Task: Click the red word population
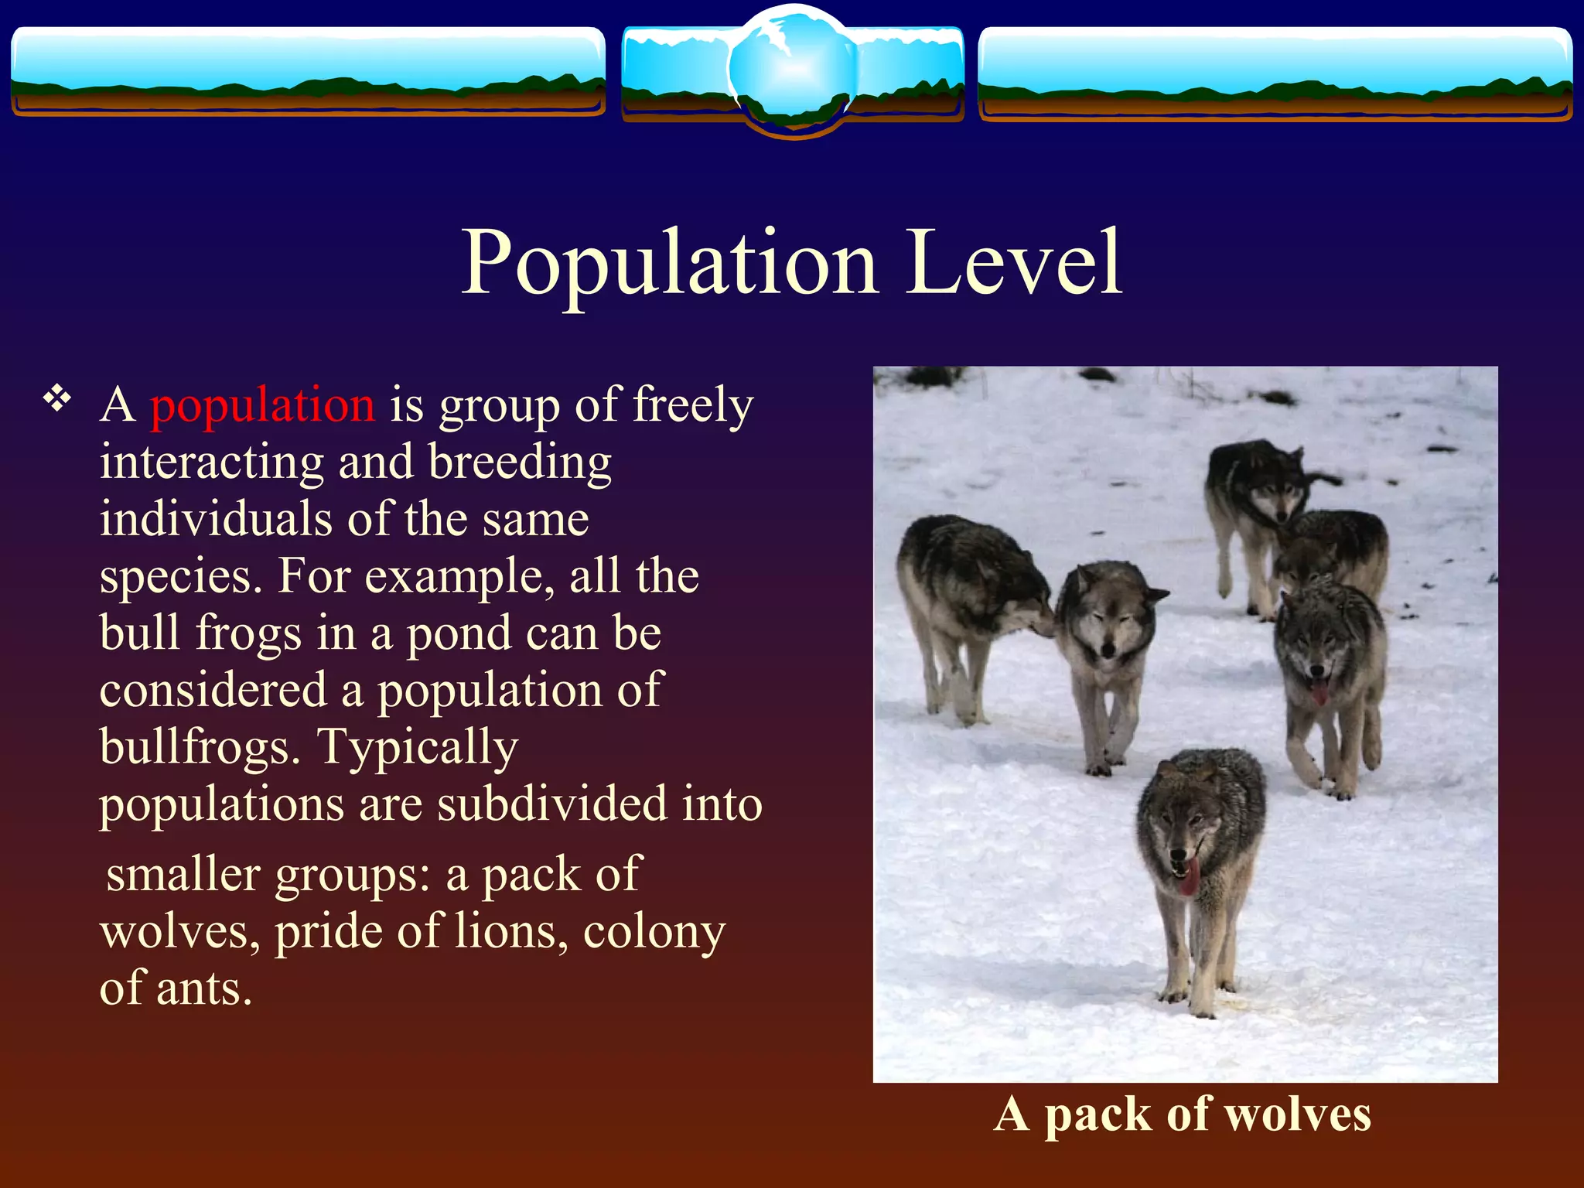pyautogui.click(x=262, y=405)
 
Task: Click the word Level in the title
pyautogui.click(x=1014, y=263)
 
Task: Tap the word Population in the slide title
pyautogui.click(x=669, y=263)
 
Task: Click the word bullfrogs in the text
pyautogui.click(x=200, y=747)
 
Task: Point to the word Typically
pyautogui.click(x=418, y=747)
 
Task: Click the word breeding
pyautogui.click(x=520, y=463)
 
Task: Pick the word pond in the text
pyautogui.click(x=458, y=633)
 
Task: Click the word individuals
pyautogui.click(x=217, y=519)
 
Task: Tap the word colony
pyautogui.click(x=654, y=931)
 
